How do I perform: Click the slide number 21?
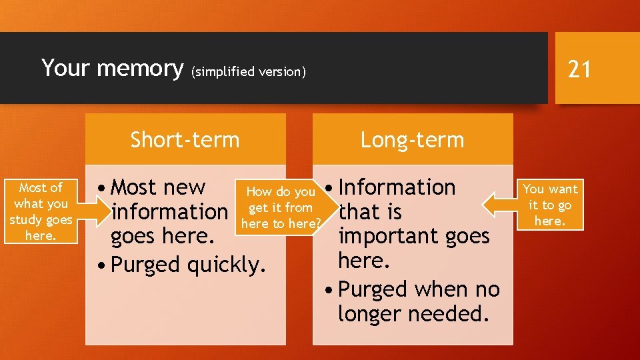coord(579,68)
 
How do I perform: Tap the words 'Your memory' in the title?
coord(112,68)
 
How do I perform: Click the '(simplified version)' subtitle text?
coord(249,72)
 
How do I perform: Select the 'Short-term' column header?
coord(185,140)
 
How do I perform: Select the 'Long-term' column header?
coord(412,140)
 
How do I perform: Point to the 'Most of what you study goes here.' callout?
coord(41,212)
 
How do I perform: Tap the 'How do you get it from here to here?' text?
coord(281,208)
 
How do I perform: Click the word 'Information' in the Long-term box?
coord(397,187)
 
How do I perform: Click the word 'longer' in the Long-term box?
coord(369,313)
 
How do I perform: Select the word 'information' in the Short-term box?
coord(169,212)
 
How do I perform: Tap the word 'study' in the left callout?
coord(26,220)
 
